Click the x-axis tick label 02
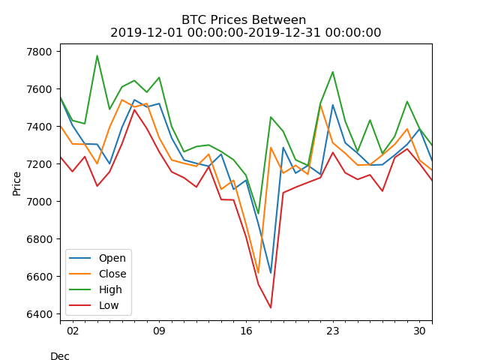click(72, 330)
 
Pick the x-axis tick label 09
click(159, 330)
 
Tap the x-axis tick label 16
click(246, 330)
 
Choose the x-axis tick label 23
click(333, 330)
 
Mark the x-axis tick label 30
click(420, 330)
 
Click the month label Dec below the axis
click(60, 356)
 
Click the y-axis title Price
click(17, 182)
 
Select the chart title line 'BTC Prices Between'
click(244, 20)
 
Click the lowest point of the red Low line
click(271, 307)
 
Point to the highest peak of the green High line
click(97, 55)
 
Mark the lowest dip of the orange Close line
click(258, 273)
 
